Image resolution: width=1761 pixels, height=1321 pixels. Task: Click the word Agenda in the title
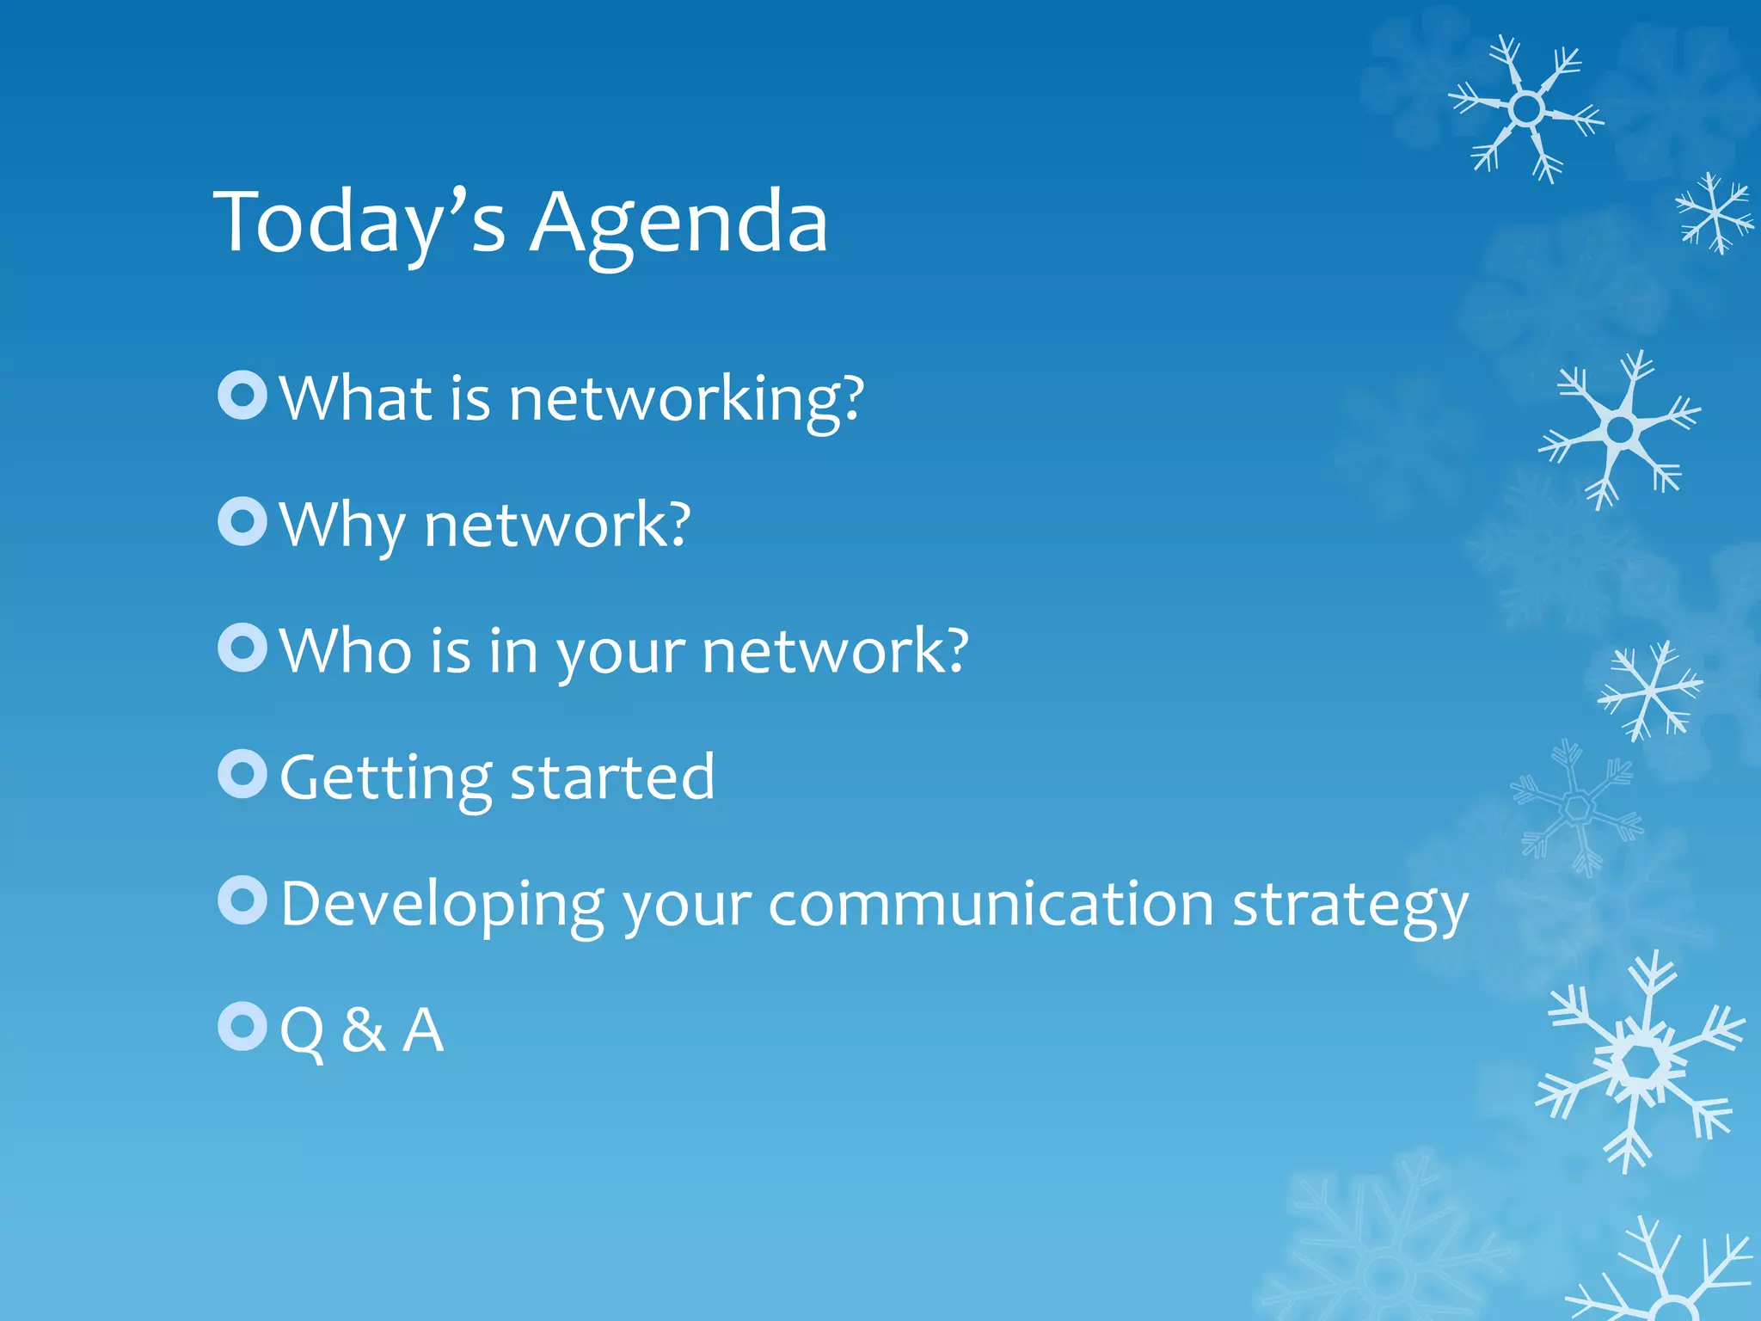678,224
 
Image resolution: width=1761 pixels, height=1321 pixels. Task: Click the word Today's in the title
359,224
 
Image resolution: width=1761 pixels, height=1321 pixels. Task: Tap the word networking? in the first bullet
685,400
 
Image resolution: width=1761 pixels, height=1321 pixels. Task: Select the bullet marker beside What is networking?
243,395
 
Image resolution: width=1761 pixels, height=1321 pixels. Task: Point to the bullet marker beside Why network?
243,521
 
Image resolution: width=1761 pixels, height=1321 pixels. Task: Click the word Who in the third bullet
346,651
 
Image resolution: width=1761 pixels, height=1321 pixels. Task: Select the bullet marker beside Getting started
243,773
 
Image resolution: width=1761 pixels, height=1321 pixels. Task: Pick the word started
612,777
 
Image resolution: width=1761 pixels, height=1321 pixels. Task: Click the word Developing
442,906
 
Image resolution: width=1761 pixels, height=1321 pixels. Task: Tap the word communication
991,904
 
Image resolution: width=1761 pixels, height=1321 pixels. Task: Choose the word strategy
1350,907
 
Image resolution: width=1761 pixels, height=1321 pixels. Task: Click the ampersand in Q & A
363,1029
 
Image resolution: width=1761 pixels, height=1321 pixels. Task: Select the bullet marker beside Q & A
243,1026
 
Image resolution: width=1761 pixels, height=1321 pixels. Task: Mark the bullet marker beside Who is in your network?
243,648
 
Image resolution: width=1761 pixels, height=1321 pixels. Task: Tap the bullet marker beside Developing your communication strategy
243,900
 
